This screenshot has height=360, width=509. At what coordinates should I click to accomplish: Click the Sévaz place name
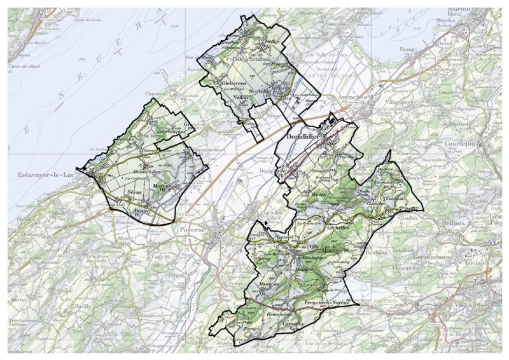[x=134, y=191]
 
